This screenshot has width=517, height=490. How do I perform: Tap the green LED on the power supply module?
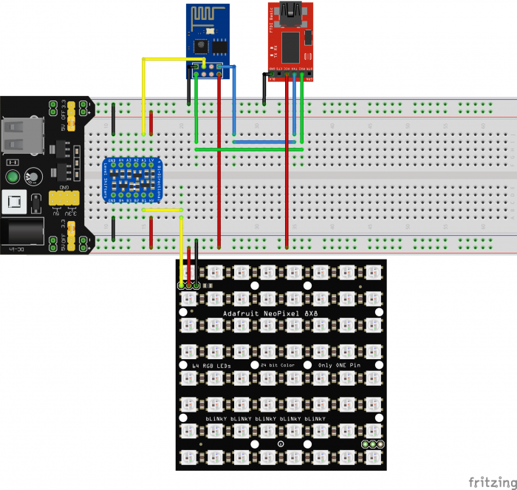tap(13, 177)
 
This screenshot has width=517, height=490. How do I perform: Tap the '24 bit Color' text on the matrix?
tap(276, 366)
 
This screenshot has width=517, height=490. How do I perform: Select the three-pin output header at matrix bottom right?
tap(373, 444)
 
